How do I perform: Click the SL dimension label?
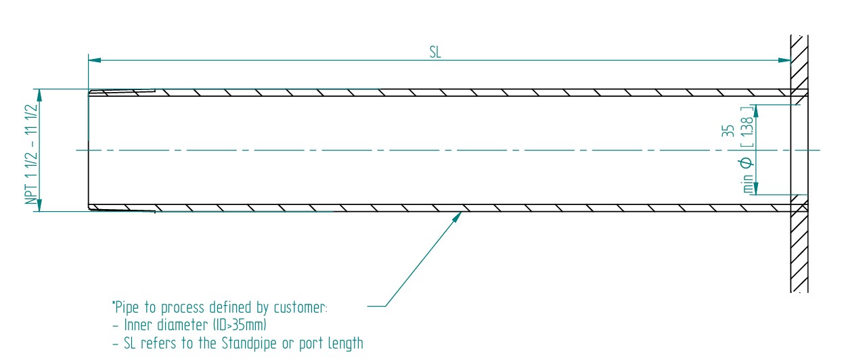(x=435, y=53)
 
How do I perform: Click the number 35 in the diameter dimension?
(x=728, y=131)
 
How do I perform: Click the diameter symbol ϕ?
(x=747, y=162)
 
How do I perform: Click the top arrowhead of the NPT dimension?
(x=40, y=94)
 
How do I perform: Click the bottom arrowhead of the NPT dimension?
(x=40, y=206)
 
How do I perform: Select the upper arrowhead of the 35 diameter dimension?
(x=757, y=110)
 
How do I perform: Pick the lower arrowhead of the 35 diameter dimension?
(x=757, y=189)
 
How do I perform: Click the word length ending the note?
(x=345, y=344)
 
